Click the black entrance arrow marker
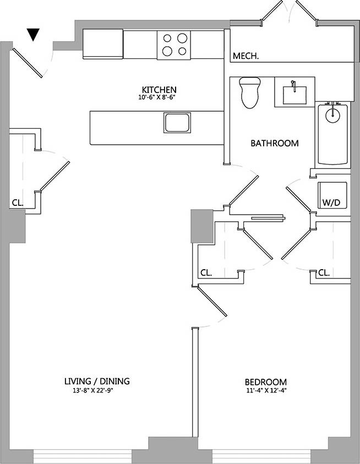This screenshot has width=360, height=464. click(34, 35)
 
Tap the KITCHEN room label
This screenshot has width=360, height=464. click(159, 90)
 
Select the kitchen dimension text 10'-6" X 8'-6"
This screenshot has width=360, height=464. click(159, 97)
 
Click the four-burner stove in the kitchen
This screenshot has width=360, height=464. click(173, 45)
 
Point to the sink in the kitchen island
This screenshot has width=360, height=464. click(177, 122)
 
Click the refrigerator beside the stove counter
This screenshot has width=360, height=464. click(103, 43)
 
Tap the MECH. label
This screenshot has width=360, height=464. click(246, 56)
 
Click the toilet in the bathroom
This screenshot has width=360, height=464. click(250, 93)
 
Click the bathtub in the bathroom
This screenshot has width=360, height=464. click(332, 134)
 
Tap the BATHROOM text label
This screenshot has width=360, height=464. click(275, 143)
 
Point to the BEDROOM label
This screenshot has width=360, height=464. click(265, 382)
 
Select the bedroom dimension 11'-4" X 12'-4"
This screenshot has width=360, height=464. click(265, 391)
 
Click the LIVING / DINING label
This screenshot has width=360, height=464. click(97, 381)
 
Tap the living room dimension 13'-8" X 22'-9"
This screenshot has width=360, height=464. click(97, 391)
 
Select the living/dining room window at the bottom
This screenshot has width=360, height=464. click(83, 456)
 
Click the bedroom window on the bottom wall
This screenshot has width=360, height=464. click(261, 456)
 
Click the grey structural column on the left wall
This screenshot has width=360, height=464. click(17, 226)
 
